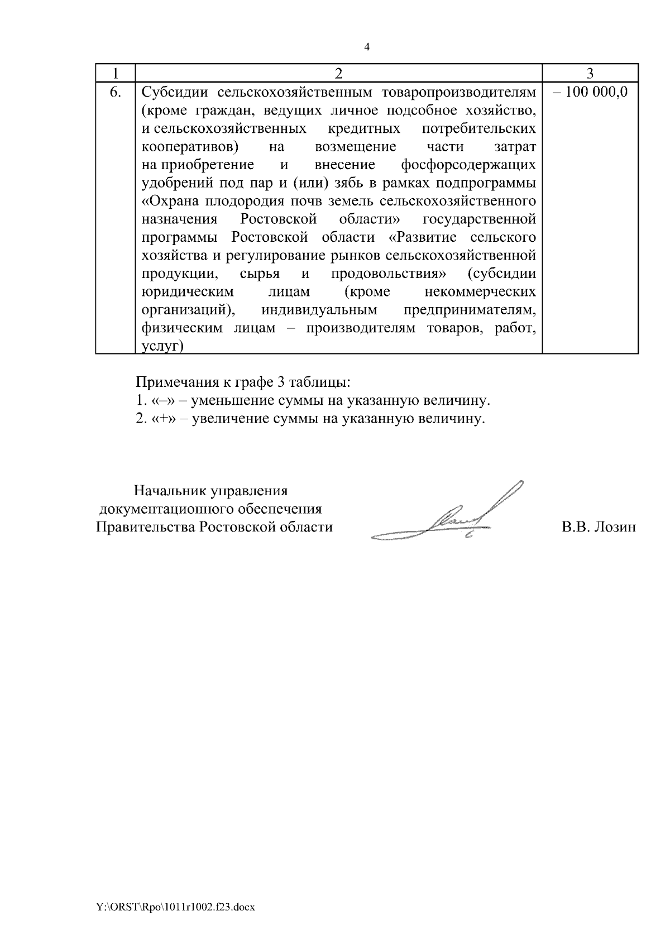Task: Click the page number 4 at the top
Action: pyautogui.click(x=367, y=47)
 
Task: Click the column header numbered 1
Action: pyautogui.click(x=116, y=73)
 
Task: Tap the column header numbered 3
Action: pyautogui.click(x=590, y=73)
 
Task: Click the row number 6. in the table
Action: pyautogui.click(x=115, y=92)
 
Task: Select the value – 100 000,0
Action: pyautogui.click(x=591, y=92)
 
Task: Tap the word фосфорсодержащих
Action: pyautogui.click(x=469, y=165)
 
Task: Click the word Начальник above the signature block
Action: pyautogui.click(x=170, y=491)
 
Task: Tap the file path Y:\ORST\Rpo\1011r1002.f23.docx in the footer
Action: pyautogui.click(x=175, y=908)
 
